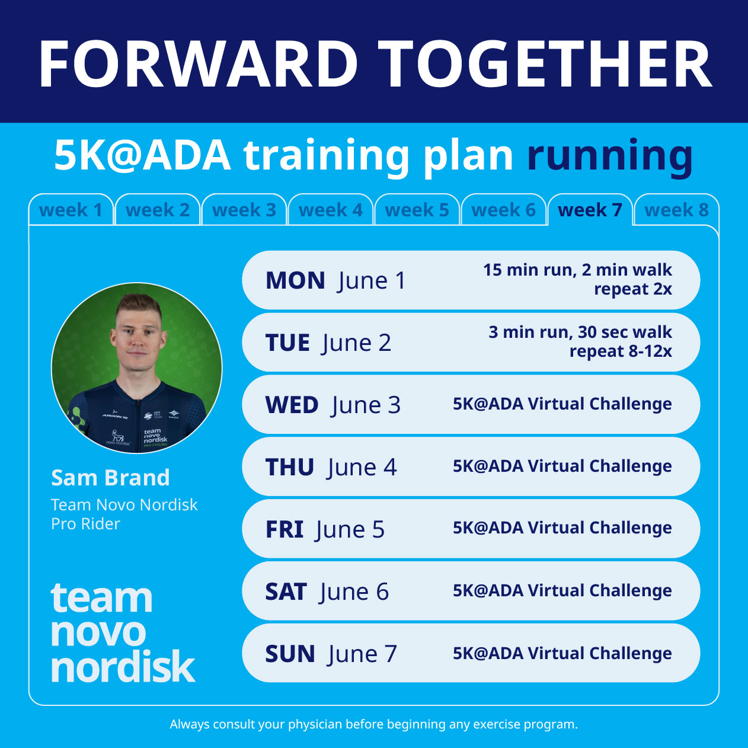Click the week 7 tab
coord(590,210)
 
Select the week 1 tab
coord(71,210)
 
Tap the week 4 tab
coord(330,210)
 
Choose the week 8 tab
coord(676,210)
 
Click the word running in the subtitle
coord(610,156)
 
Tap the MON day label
coord(295,280)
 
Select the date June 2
coord(357,343)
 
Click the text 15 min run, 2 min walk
coord(577,270)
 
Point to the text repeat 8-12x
coord(621,351)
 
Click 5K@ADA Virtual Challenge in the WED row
coord(562,404)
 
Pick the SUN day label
coord(290,654)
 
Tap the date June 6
coord(354,592)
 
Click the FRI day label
coord(285,529)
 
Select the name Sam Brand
coord(110,478)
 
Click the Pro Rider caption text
coord(85,524)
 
